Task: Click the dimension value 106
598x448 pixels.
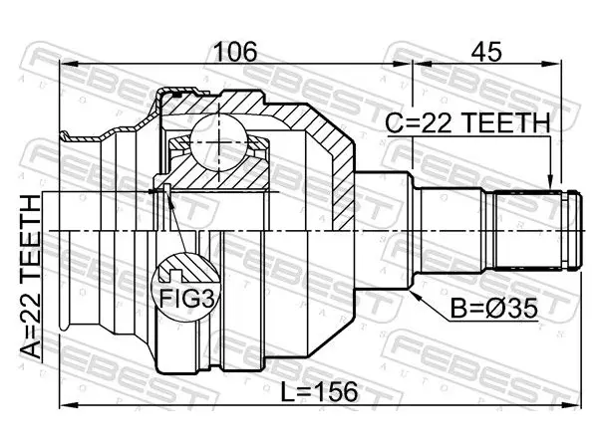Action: [x=235, y=52]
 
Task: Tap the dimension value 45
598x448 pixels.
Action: [x=486, y=52]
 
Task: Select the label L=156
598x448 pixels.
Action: [x=319, y=392]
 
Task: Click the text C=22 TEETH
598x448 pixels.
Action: [x=468, y=122]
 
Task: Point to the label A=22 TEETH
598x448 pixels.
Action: [x=30, y=277]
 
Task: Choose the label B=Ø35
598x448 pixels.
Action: [x=494, y=309]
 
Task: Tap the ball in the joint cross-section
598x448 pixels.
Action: [x=217, y=141]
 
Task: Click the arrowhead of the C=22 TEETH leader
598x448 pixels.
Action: [x=549, y=181]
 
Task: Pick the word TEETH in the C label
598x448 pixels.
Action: [x=507, y=122]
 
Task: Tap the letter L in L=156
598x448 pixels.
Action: [x=287, y=392]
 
